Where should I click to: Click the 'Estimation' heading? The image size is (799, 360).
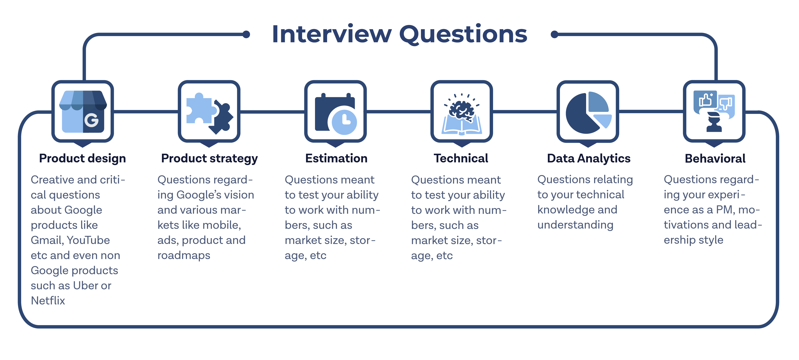(x=336, y=158)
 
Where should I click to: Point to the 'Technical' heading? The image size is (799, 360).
(x=461, y=158)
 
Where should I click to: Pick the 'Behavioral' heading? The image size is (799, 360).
(x=715, y=158)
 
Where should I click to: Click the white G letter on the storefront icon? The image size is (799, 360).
(x=91, y=120)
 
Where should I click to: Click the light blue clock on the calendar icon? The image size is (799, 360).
(x=344, y=122)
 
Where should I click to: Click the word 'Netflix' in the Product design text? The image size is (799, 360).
(x=48, y=300)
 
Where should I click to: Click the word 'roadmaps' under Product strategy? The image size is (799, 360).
(x=184, y=255)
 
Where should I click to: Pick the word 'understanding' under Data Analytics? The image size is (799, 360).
(x=575, y=225)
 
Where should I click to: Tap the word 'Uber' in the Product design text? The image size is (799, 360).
(x=83, y=285)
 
